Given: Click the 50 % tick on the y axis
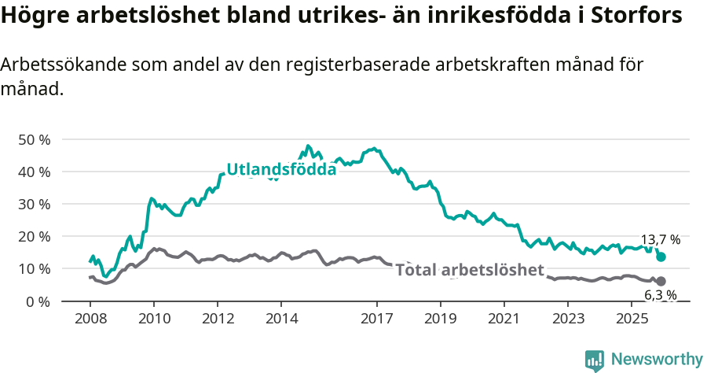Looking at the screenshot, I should (34, 140).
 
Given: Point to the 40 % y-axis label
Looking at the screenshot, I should (34, 172).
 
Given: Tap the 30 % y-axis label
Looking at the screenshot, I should (34, 205).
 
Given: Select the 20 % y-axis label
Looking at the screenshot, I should (34, 237).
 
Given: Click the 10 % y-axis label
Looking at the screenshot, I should (34, 269).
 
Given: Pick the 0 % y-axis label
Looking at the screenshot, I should (38, 301).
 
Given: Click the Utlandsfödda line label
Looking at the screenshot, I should (281, 169).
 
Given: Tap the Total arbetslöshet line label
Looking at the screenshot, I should (470, 271).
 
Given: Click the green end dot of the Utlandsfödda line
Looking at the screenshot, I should (661, 257).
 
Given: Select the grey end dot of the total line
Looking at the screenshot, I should (661, 281).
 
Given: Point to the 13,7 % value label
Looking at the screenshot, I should (661, 240).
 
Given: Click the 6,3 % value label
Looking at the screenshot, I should (661, 295).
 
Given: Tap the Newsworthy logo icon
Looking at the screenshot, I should (595, 360).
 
